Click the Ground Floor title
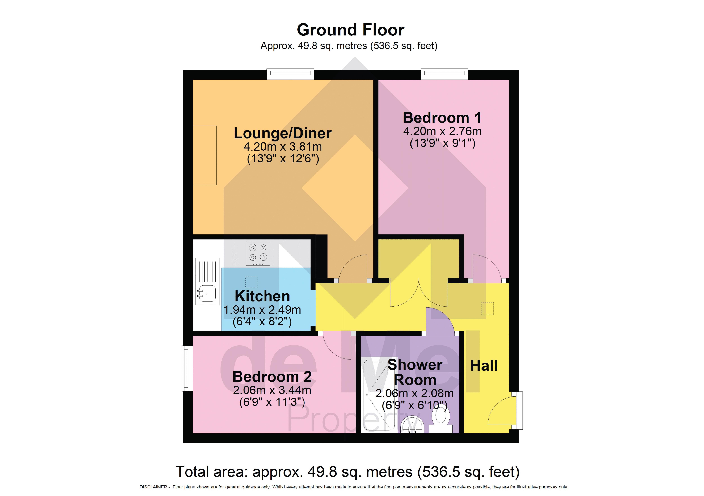350,30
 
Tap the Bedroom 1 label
442,118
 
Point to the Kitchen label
262,296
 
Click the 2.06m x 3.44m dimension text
272,390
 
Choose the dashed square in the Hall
487,308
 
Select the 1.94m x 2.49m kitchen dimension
262,310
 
